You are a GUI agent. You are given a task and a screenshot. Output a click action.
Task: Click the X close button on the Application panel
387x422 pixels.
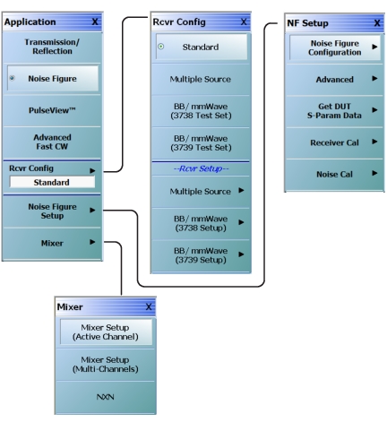pos(95,22)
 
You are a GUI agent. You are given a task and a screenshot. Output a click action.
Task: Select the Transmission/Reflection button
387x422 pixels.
pos(52,47)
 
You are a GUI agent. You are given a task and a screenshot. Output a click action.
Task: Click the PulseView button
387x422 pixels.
pos(52,110)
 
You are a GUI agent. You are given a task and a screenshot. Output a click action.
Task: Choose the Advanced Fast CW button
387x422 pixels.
pos(52,142)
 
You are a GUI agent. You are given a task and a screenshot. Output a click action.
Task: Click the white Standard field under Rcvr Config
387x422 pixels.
pos(52,182)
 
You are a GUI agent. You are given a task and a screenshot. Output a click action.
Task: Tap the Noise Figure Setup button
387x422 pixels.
pos(52,211)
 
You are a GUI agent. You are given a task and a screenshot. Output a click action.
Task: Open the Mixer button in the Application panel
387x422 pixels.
pos(52,243)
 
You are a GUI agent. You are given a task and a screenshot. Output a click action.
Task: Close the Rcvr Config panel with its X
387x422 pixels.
pos(244,22)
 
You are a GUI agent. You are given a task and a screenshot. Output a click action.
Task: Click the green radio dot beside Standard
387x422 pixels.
pos(161,47)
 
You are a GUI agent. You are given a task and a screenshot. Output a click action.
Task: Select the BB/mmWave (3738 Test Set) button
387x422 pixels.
pos(201,111)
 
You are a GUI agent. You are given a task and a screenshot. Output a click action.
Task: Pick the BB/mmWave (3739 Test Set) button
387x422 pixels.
pos(201,143)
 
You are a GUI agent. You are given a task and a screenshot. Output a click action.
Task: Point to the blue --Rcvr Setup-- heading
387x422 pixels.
pos(201,168)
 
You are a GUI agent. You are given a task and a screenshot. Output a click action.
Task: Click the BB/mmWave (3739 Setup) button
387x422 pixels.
pos(201,255)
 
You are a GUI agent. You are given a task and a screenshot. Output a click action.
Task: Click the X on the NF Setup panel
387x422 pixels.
pos(377,23)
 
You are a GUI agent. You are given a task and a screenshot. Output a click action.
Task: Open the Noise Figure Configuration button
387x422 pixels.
pos(335,47)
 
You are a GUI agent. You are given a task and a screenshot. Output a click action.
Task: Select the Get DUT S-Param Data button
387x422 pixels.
pos(334,111)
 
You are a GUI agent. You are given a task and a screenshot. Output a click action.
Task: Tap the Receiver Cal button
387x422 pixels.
pos(334,142)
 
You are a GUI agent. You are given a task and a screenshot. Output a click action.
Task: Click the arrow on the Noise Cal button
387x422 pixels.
pos(374,173)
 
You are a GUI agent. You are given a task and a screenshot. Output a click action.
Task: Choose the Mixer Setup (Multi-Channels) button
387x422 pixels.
pos(106,365)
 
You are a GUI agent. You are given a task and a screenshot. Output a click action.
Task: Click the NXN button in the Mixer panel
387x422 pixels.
pos(106,397)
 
